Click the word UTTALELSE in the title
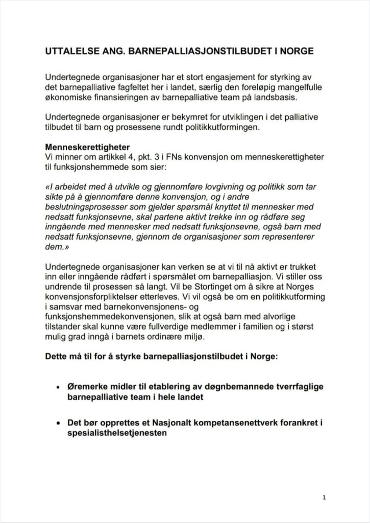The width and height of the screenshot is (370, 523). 69,52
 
